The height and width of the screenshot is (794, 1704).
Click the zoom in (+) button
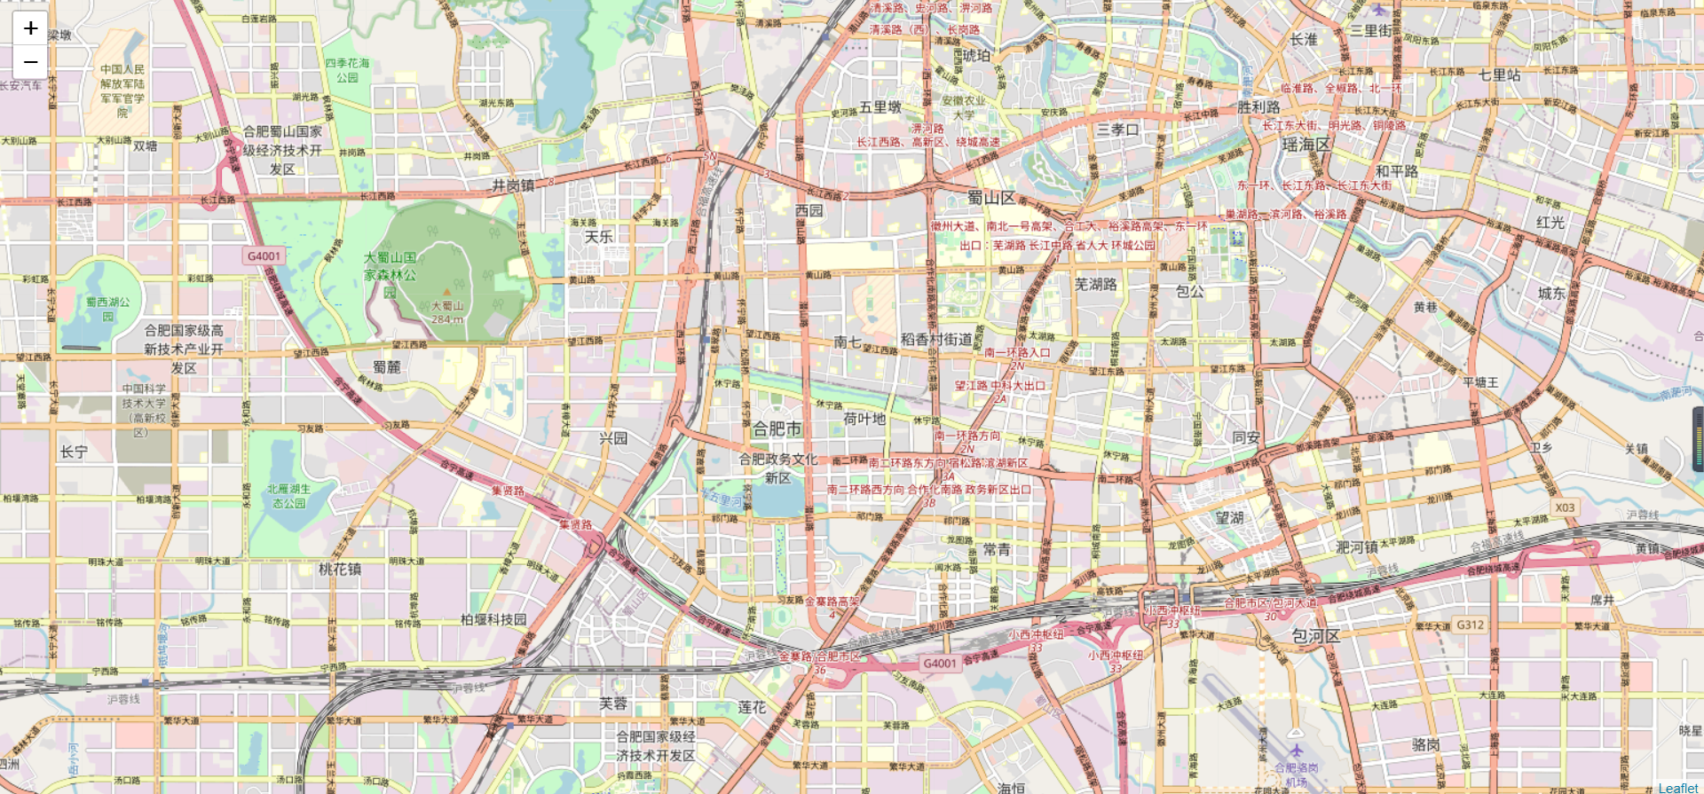(30, 28)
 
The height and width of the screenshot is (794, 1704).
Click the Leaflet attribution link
(1677, 788)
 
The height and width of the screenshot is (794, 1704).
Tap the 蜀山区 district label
(991, 198)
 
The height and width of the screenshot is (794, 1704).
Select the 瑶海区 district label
(1306, 145)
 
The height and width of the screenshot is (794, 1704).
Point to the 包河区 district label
(1315, 636)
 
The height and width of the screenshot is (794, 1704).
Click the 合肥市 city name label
(777, 428)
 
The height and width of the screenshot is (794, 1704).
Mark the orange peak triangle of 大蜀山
(447, 292)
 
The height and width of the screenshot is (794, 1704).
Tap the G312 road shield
(1470, 625)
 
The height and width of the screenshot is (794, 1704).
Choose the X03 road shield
(1565, 507)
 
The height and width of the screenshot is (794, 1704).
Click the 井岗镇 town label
(513, 185)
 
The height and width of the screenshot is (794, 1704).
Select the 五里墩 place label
(880, 107)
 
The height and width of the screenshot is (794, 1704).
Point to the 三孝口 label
(1117, 130)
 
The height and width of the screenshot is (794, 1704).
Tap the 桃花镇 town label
(340, 569)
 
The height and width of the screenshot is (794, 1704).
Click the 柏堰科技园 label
(493, 619)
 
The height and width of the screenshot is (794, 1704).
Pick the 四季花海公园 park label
(347, 71)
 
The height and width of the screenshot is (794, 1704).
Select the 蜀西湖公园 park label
(107, 309)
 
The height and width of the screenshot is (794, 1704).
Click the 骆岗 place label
(1425, 744)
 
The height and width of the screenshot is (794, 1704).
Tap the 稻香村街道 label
(936, 339)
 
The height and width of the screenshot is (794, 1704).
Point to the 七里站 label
(1499, 75)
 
